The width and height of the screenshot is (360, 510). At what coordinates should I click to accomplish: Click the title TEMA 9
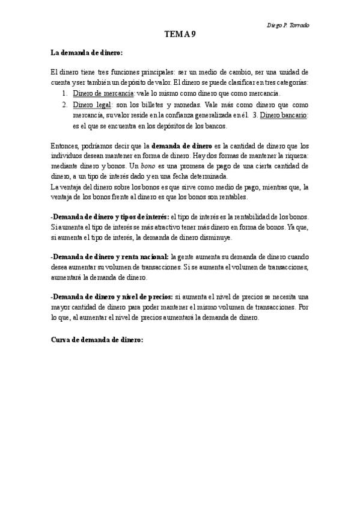tap(180, 34)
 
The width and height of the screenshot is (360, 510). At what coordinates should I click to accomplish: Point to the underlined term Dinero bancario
tap(284, 114)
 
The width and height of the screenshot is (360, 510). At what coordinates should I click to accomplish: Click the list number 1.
tap(64, 94)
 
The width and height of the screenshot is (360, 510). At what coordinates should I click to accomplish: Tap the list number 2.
tap(64, 104)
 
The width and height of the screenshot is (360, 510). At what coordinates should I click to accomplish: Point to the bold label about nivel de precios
tap(112, 296)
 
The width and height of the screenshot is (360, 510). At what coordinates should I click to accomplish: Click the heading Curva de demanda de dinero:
tap(97, 340)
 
